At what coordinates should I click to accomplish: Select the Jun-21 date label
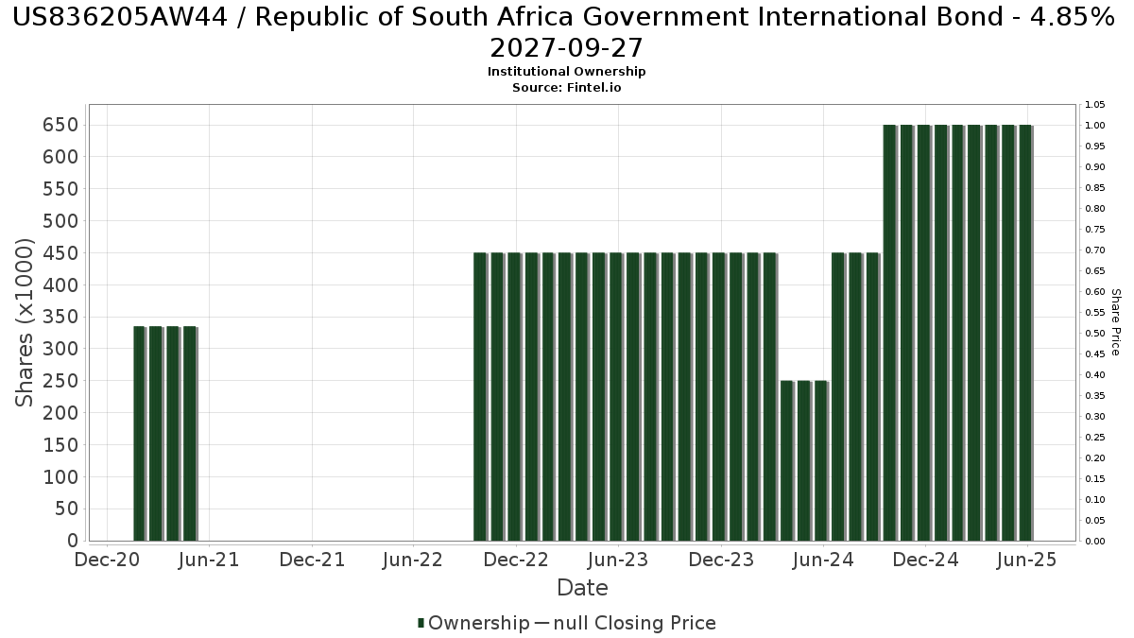(x=209, y=560)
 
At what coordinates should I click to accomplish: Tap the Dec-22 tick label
(x=515, y=560)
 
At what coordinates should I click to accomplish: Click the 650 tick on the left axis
(x=60, y=125)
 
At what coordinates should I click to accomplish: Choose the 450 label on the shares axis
(x=60, y=253)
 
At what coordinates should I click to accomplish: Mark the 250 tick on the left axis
(x=60, y=381)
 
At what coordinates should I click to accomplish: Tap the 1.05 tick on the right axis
(x=1094, y=105)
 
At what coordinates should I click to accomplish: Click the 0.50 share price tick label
(x=1094, y=334)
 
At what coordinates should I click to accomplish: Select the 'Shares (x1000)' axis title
(x=26, y=322)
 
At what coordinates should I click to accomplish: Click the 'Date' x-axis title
(x=582, y=588)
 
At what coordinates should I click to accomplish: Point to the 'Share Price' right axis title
(x=1115, y=322)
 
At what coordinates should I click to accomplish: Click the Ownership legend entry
(x=474, y=623)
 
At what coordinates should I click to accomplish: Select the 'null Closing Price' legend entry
(x=634, y=623)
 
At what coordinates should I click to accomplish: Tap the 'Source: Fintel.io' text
(x=566, y=87)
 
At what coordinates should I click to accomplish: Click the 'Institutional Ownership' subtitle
(x=566, y=72)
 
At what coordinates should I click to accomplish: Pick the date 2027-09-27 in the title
(x=566, y=47)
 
